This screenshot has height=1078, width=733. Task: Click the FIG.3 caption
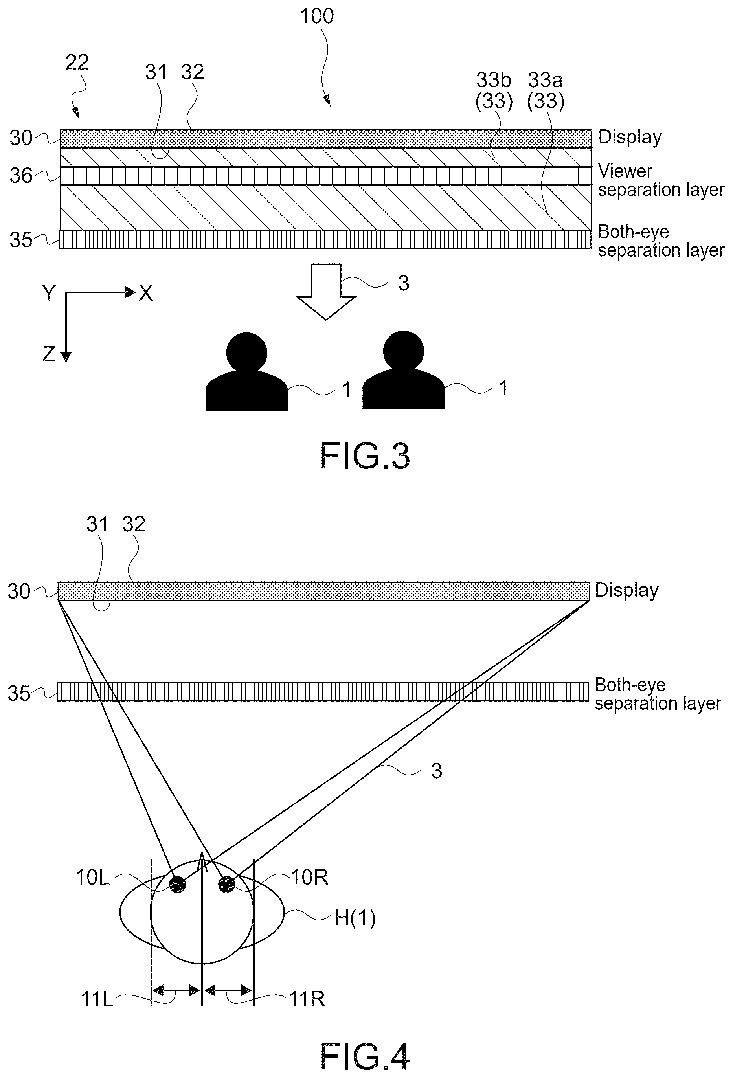point(365,456)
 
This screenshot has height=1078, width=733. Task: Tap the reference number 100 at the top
point(317,17)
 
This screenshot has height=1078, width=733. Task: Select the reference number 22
point(77,62)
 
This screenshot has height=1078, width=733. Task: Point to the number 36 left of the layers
point(21,176)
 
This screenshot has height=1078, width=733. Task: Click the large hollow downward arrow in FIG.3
point(326,292)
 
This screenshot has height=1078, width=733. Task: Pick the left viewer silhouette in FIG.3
point(246,371)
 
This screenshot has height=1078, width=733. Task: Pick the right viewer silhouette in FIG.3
point(403,370)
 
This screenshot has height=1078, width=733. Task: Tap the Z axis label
point(49,354)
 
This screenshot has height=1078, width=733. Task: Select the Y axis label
point(49,293)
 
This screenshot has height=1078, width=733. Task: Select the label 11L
point(97,999)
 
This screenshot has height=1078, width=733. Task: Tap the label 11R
point(307,999)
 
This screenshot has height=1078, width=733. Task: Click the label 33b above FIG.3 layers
point(494,81)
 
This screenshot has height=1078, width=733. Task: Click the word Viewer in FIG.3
point(625,171)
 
